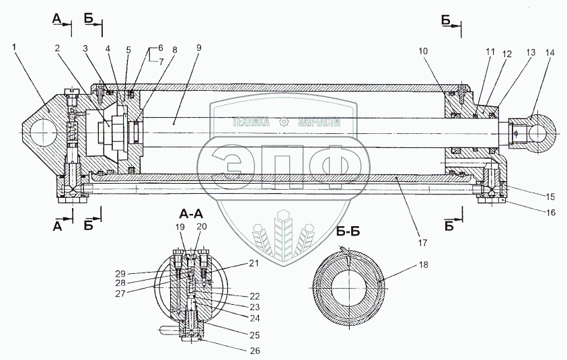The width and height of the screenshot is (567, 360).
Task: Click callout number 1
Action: coord(14,46)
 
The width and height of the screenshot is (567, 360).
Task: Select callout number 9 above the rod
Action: coord(199,48)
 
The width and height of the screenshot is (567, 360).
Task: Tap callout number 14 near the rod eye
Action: coord(550,52)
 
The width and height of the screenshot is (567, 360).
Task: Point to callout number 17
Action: coord(422,243)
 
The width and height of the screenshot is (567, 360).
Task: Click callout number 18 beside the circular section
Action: coord(423,264)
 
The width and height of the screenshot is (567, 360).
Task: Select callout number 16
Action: coord(550,213)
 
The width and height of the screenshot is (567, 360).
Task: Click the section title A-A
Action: coord(191,215)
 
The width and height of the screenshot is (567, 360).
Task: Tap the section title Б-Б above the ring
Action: coord(348,231)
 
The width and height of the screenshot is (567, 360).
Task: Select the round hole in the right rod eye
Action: coord(541,133)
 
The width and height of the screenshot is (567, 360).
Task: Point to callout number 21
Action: coord(254,263)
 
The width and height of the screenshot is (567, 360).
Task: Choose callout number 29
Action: coord(121,273)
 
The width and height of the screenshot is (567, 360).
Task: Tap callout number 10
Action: coord(422,51)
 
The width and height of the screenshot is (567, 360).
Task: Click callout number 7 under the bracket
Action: coord(161,61)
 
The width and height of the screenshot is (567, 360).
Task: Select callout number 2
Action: coord(57,48)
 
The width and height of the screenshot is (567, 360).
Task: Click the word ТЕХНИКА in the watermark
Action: coord(251,122)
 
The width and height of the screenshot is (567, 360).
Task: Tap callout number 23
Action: coord(254,307)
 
